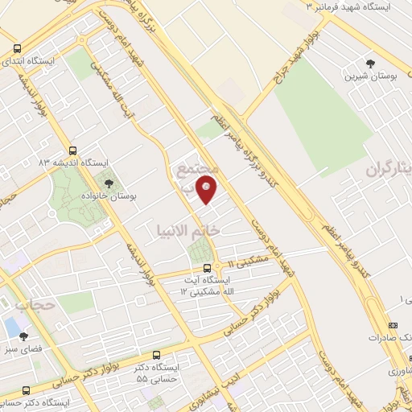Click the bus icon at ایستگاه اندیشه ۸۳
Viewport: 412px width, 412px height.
click(73, 150)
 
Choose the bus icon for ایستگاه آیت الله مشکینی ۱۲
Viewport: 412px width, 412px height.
click(207, 268)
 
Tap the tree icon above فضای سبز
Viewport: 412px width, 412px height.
click(23, 337)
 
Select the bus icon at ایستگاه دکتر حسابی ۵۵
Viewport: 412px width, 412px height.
click(155, 355)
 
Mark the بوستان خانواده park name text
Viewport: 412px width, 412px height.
click(109, 196)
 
